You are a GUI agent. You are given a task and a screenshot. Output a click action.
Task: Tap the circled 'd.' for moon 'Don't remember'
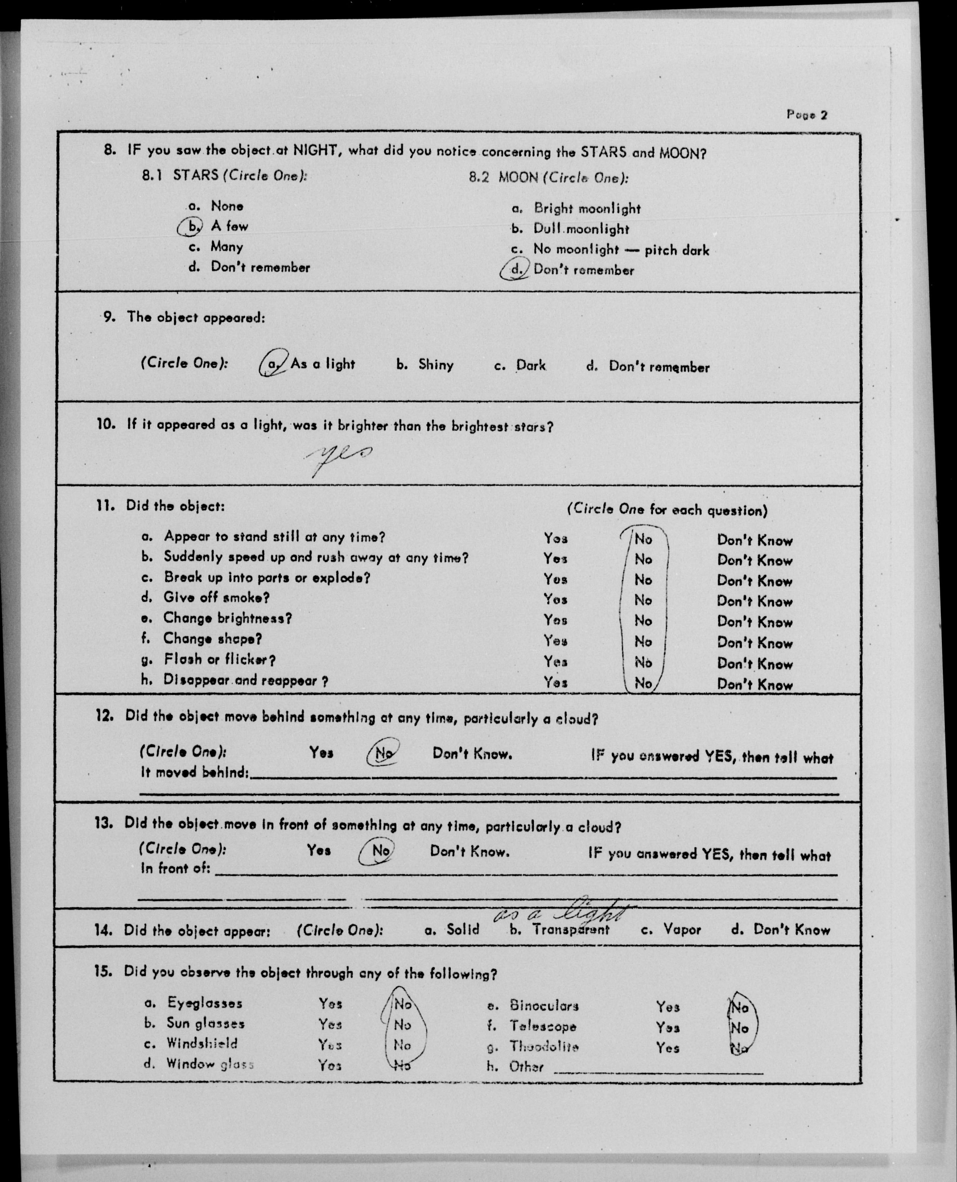pos(515,270)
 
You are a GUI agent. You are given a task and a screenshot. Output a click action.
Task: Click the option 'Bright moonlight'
pos(586,209)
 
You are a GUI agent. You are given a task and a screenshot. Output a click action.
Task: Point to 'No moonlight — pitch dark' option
pos(621,250)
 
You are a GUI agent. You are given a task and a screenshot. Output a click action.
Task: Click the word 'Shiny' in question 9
pos(436,365)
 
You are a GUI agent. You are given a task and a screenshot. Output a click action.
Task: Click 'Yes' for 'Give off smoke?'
pos(555,599)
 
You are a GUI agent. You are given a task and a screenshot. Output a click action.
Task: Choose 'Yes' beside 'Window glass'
pos(330,1065)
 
